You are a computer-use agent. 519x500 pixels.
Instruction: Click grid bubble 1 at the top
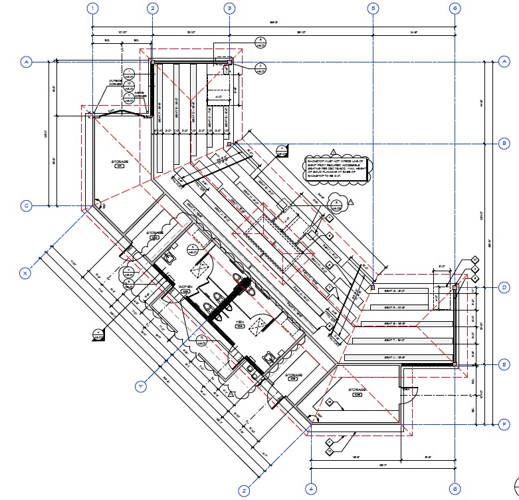(92, 9)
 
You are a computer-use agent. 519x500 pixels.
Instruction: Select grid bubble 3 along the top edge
(229, 9)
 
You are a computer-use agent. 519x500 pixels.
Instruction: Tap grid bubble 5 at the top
(373, 9)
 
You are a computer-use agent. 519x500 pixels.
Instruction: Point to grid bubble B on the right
(504, 144)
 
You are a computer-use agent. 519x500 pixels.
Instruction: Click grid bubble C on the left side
(27, 205)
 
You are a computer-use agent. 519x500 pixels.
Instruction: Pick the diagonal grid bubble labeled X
(25, 273)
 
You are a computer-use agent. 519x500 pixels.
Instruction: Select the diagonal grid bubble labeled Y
(140, 386)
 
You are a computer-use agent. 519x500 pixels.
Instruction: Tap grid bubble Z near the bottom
(244, 491)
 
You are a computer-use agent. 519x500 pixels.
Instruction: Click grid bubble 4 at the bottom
(310, 489)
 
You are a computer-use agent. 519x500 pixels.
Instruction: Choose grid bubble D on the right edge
(504, 287)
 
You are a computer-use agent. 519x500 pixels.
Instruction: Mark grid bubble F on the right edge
(504, 424)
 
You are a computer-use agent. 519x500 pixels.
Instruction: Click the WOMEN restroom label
(185, 287)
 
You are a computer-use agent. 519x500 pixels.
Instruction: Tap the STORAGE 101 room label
(119, 162)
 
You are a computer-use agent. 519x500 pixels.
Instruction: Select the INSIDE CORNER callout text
(140, 94)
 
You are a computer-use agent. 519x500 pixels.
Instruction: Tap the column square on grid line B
(229, 144)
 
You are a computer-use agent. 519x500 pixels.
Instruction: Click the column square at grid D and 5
(373, 287)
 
